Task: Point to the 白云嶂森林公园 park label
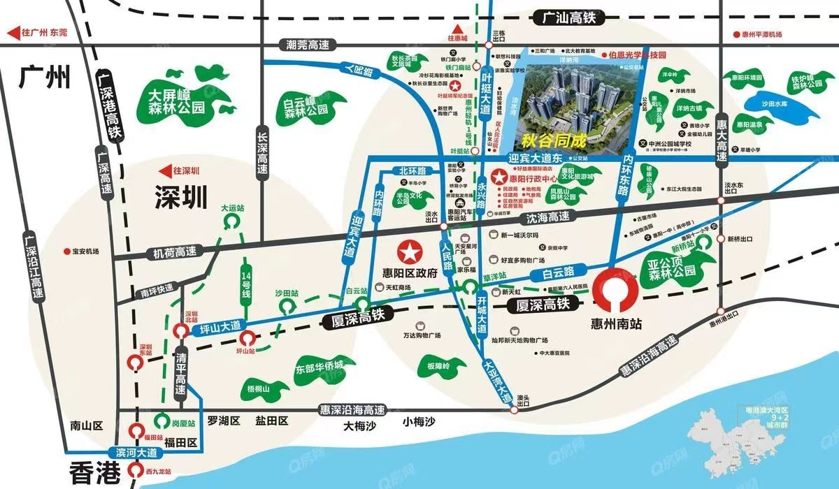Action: (306, 106)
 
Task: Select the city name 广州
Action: (45, 76)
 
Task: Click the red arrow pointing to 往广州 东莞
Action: (12, 32)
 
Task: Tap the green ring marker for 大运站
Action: (231, 221)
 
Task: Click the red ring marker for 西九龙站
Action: (134, 472)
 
